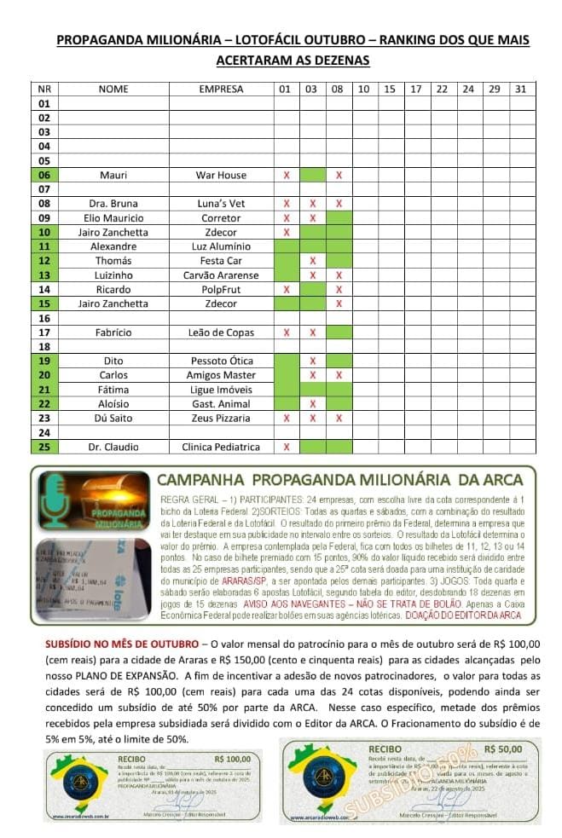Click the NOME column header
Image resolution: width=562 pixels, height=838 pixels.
click(113, 89)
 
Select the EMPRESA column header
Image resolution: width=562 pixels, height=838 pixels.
click(221, 89)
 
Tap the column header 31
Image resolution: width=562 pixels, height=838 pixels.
click(521, 89)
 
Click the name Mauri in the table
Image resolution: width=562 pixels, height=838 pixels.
click(113, 175)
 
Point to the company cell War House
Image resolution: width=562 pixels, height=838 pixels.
click(221, 175)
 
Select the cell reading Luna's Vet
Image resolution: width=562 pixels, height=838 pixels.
click(221, 204)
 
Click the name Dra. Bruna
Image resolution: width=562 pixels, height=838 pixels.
click(113, 204)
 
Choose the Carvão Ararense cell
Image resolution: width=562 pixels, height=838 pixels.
click(221, 275)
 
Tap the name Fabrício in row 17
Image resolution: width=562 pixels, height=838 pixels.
click(113, 332)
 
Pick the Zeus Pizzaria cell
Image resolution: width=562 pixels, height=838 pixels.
click(221, 419)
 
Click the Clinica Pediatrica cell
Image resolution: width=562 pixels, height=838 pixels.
click(221, 447)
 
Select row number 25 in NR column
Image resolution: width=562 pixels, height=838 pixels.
click(45, 447)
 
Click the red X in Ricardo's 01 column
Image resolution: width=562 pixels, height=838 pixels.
click(287, 290)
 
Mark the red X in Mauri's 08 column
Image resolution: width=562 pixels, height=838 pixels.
click(339, 175)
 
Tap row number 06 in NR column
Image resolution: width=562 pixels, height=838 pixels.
click(45, 175)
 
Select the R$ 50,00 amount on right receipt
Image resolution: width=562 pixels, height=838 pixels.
click(501, 748)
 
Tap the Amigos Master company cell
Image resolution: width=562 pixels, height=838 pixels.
click(221, 375)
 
